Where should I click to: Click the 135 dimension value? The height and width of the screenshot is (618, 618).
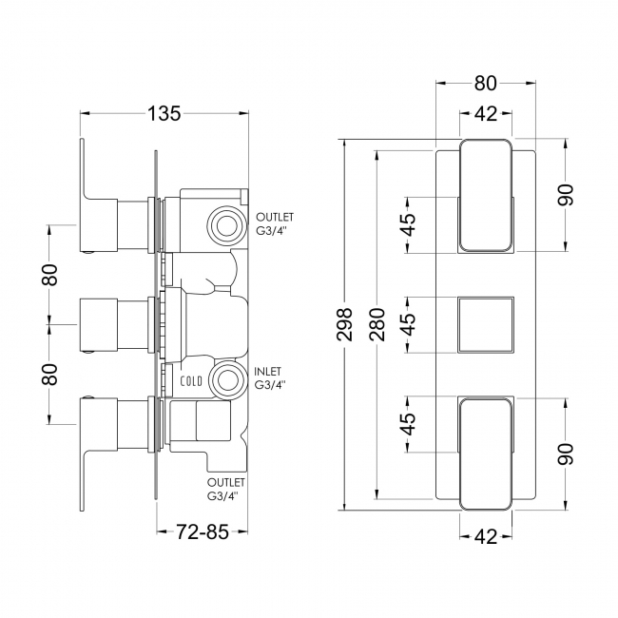164,115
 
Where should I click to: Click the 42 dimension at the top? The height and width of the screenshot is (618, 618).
487,115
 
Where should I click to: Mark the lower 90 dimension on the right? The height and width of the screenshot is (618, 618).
566,453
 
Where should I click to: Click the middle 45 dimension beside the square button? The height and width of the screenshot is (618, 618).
407,323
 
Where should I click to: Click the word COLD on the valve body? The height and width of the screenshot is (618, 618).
191,380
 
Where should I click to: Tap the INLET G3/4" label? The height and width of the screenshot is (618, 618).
271,377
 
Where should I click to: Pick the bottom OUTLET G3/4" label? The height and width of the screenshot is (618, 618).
223,490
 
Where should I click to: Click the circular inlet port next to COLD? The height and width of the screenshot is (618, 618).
226,380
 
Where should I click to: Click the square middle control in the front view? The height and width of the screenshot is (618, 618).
487,323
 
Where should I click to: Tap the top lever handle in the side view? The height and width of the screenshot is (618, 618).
93,181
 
